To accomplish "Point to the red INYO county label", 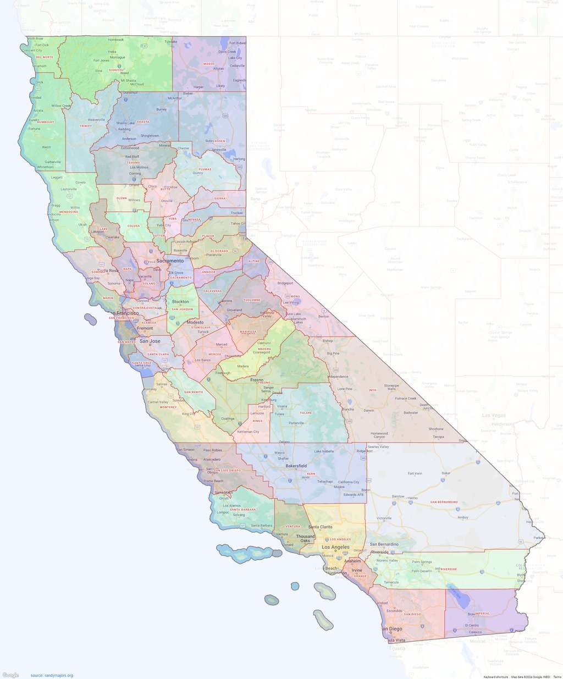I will (x=372, y=390).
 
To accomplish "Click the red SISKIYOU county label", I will (x=116, y=70).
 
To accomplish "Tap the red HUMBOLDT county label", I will (x=45, y=122).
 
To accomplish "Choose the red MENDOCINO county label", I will (x=68, y=212).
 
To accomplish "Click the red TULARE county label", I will (x=306, y=412).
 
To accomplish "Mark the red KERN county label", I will (x=311, y=473).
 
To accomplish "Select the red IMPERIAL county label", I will (x=482, y=613).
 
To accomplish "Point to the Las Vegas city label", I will (x=493, y=415).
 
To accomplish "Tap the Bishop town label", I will (x=328, y=341).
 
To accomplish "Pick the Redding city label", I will (x=124, y=129).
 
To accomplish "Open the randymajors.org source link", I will (x=52, y=675).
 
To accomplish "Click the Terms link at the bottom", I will (x=557, y=677).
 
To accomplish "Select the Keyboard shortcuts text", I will (x=495, y=677).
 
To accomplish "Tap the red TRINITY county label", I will (x=85, y=126).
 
